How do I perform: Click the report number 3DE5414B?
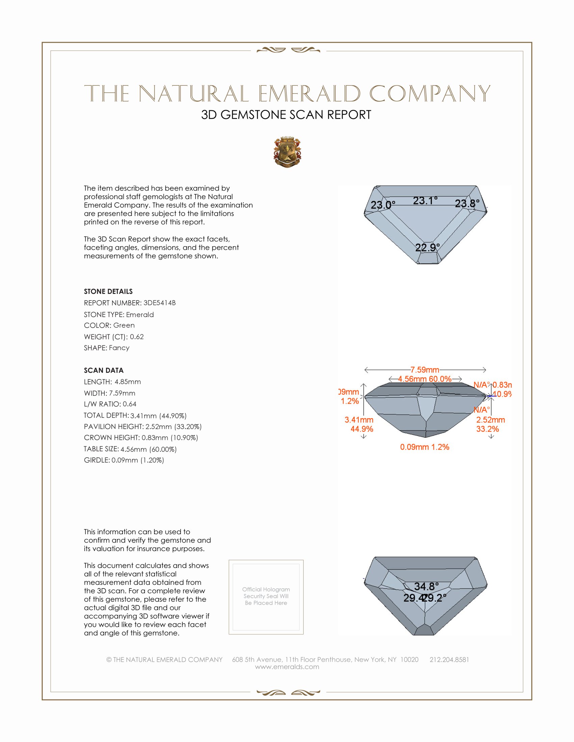tap(159, 303)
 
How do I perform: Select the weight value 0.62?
tap(137, 337)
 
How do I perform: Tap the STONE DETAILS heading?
tap(108, 291)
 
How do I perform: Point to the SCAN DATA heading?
tap(104, 370)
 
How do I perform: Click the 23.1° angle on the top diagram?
tap(425, 201)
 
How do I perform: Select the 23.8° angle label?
tap(467, 203)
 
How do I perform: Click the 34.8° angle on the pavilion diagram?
tap(426, 587)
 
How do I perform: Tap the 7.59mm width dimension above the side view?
tap(425, 370)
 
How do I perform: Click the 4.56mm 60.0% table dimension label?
tap(425, 379)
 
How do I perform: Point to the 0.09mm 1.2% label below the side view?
tap(424, 447)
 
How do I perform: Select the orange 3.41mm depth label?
tap(359, 420)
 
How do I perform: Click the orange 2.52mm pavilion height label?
tap(490, 420)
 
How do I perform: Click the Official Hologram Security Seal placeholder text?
tap(266, 596)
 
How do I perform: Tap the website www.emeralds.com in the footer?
tap(287, 667)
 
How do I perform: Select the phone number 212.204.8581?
tap(449, 659)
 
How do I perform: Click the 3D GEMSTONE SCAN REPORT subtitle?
tap(286, 115)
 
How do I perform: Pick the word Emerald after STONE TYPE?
tap(140, 315)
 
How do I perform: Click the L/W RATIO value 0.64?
tap(129, 404)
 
